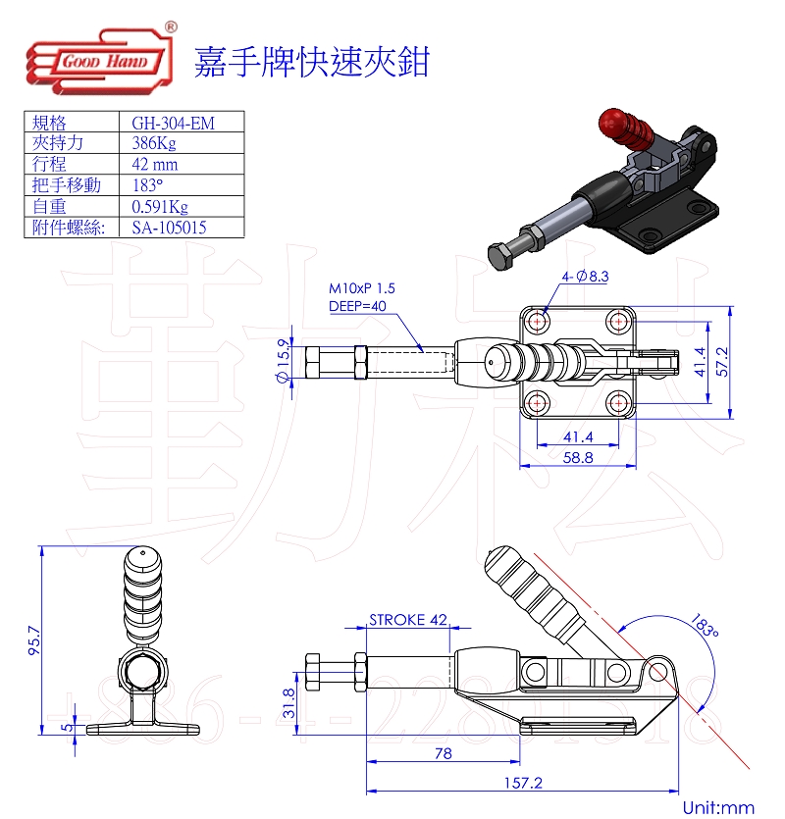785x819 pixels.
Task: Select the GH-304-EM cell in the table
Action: (x=173, y=123)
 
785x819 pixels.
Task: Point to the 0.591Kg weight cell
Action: (x=159, y=207)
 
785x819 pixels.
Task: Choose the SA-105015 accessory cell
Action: (x=169, y=228)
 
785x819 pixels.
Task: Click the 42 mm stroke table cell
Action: (x=154, y=165)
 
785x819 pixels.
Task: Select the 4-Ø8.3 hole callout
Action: (x=586, y=277)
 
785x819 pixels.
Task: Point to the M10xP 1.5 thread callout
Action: (x=362, y=289)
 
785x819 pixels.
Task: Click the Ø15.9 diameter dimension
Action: (x=284, y=362)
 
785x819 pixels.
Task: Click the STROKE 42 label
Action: (x=408, y=620)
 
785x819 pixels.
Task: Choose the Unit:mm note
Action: (x=719, y=807)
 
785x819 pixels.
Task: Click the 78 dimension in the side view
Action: (x=443, y=753)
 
